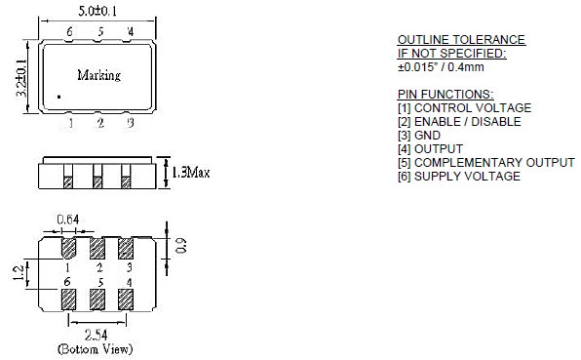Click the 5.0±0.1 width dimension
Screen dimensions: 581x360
(x=97, y=11)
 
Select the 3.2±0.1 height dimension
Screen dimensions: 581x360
(x=21, y=78)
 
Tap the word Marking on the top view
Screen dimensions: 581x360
(x=98, y=75)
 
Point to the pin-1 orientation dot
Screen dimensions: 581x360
(x=58, y=98)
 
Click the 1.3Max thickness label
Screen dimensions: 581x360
(x=191, y=173)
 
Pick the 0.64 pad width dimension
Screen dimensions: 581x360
(x=68, y=220)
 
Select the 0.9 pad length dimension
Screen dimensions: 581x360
(x=181, y=246)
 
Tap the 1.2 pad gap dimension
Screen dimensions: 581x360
(x=19, y=273)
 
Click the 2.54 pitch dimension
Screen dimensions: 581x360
(x=97, y=336)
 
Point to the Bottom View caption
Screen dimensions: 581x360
(x=95, y=349)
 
